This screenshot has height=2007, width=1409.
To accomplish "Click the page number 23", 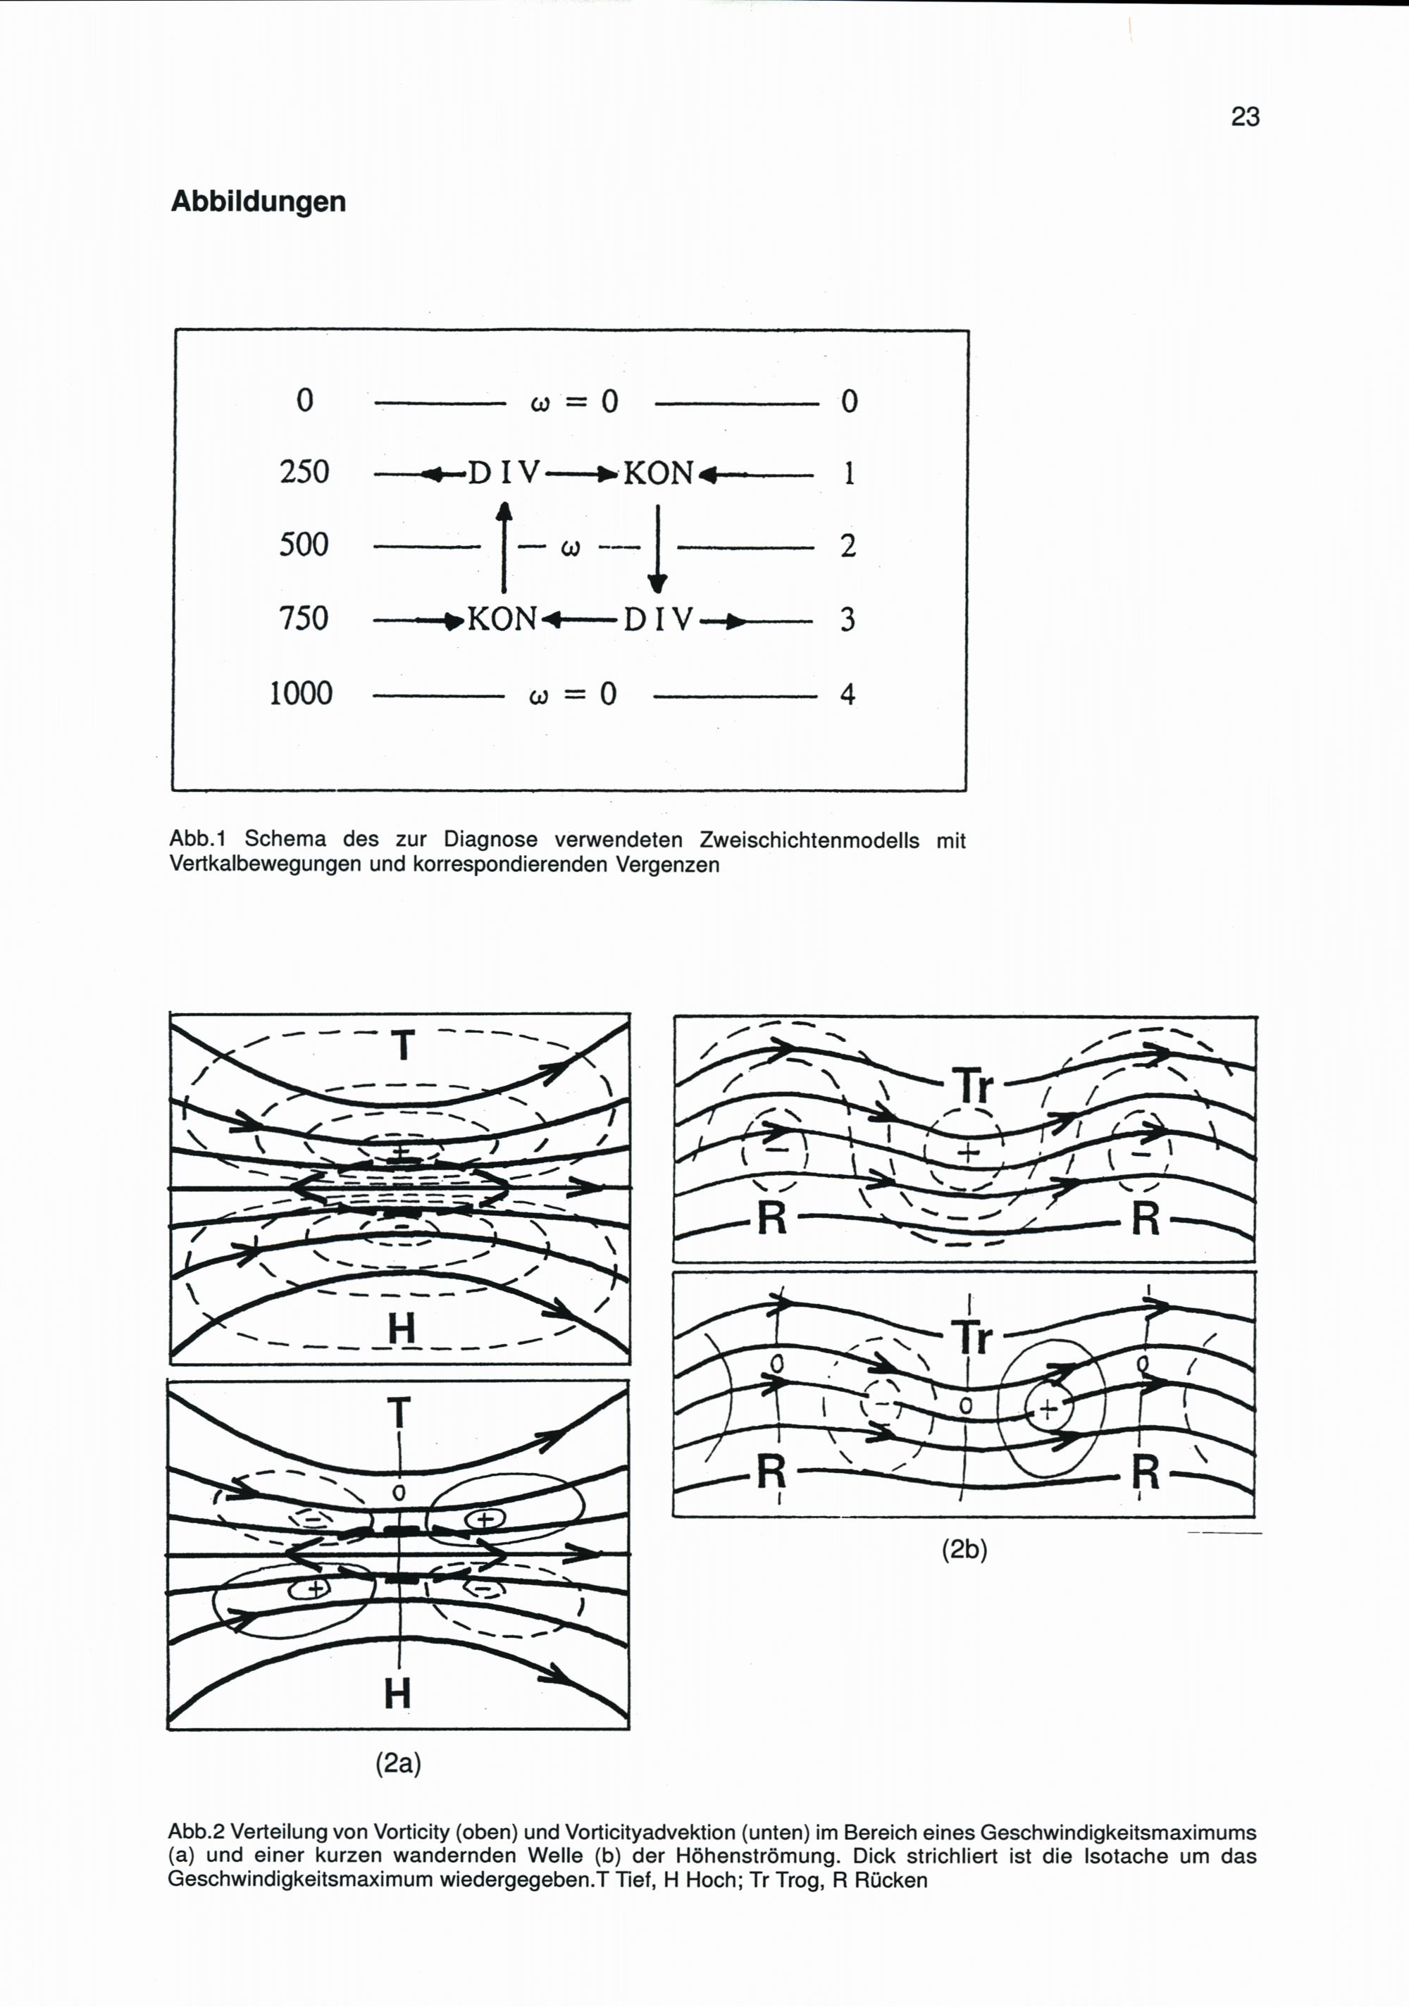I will [1245, 116].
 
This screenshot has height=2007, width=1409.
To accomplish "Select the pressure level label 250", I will [304, 472].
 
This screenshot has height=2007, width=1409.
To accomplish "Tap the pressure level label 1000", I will [301, 693].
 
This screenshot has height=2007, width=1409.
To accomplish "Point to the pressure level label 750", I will [304, 619].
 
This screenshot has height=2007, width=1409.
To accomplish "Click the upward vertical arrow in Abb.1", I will [504, 547].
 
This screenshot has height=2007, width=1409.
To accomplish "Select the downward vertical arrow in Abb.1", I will [657, 549].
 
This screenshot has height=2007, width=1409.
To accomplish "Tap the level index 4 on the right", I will [847, 695].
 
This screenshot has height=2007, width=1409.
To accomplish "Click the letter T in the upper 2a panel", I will [402, 1045].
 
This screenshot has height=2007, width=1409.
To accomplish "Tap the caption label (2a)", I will [398, 1764].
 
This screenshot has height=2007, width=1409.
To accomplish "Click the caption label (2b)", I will [964, 1550].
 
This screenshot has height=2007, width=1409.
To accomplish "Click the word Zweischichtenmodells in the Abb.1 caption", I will [809, 840].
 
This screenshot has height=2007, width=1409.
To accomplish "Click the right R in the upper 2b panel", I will [1146, 1218].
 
